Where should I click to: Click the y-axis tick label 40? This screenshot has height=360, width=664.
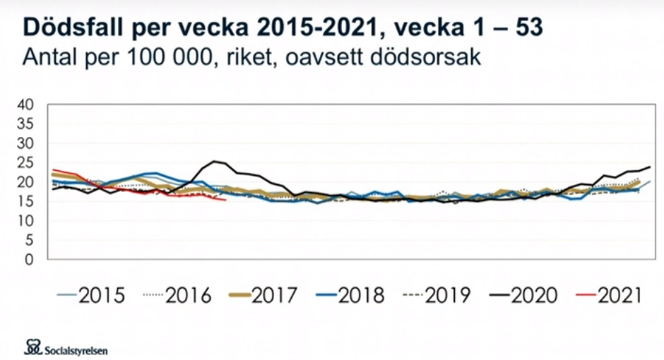[25, 104]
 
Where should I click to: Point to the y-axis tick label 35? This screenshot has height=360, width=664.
[25, 124]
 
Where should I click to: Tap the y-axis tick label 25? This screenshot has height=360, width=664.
[25, 162]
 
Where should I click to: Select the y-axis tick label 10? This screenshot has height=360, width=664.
[25, 220]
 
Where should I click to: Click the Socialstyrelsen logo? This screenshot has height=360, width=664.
[66, 347]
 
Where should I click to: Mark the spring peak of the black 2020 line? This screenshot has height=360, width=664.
[215, 162]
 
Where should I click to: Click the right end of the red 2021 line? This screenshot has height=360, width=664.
[225, 200]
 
